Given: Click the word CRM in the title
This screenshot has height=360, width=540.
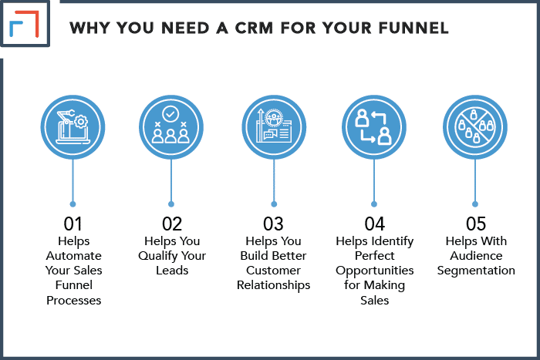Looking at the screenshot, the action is [254, 28].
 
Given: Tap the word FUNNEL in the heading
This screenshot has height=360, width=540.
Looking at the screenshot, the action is [413, 28].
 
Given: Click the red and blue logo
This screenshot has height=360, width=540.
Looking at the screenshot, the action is [24, 24].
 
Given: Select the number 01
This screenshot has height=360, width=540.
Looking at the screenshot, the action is [73, 224].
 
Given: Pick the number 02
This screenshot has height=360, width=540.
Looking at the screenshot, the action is [172, 224].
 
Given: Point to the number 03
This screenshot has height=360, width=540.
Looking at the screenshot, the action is [273, 224].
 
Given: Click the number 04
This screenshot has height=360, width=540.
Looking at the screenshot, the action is [375, 224].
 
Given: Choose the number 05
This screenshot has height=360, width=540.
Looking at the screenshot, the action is [476, 224].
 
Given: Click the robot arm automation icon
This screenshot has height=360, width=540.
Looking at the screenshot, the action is [73, 127].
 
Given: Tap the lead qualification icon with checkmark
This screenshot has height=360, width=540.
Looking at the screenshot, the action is [171, 127].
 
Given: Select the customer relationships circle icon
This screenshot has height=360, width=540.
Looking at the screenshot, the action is [274, 127].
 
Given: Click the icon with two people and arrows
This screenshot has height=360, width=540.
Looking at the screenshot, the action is [374, 127].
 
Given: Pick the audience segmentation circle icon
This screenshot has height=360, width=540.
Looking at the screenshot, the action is [475, 127].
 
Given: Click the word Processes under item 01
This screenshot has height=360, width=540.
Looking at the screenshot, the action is [74, 301].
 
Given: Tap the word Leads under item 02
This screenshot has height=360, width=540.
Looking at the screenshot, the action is [172, 271].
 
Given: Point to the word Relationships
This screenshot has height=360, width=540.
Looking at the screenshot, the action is [273, 285].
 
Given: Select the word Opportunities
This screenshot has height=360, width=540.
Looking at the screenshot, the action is [375, 271].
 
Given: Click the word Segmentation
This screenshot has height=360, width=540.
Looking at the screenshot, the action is [476, 271].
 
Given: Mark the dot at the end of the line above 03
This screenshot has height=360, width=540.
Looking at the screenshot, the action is [274, 204].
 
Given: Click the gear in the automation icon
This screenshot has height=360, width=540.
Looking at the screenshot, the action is [81, 122].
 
